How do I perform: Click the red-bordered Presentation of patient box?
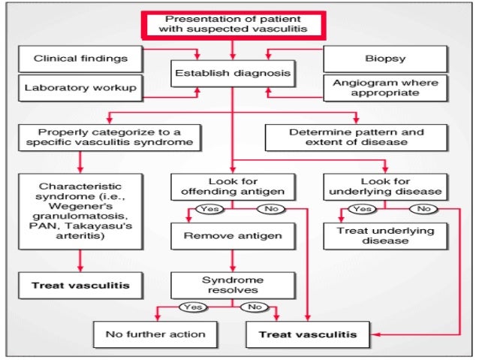click(x=232, y=24)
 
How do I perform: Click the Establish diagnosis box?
click(x=232, y=74)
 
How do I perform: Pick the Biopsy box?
click(x=385, y=58)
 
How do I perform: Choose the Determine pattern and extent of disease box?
click(x=356, y=137)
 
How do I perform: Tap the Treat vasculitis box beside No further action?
click(x=307, y=333)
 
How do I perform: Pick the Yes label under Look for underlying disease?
click(x=363, y=208)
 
